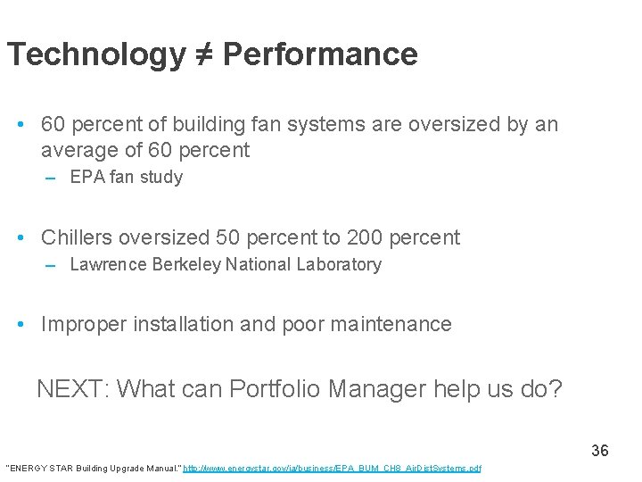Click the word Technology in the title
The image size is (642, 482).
click(x=94, y=55)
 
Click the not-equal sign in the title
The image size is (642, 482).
click(x=202, y=55)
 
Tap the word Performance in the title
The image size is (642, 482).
click(x=319, y=55)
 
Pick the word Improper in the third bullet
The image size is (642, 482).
click(x=84, y=324)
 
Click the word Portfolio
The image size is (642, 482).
click(x=276, y=389)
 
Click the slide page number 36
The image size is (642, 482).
click(x=600, y=451)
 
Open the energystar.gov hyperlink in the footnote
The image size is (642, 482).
click(x=332, y=469)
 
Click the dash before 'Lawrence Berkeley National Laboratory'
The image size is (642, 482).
click(x=52, y=265)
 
